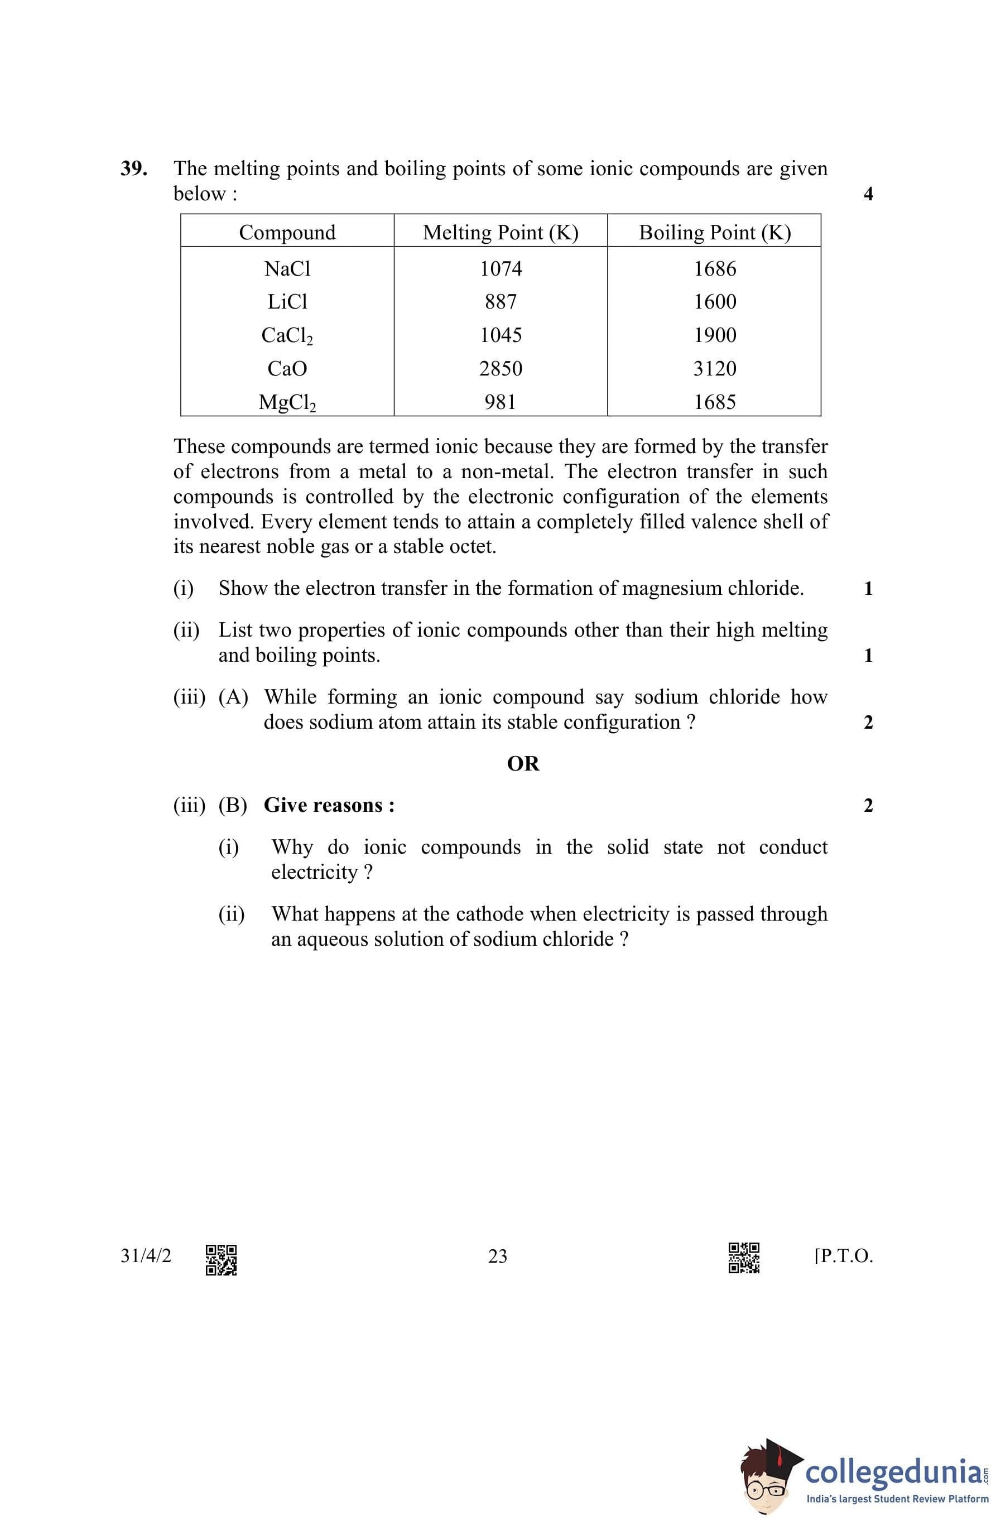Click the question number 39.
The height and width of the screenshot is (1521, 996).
point(133,169)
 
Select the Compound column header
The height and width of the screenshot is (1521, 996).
point(287,232)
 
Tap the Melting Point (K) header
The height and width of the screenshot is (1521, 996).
point(501,232)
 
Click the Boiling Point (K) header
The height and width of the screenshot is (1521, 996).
point(715,232)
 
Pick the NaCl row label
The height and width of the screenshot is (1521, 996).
point(287,268)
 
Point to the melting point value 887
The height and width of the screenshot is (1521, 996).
point(501,302)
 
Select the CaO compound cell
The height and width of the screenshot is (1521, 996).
point(287,369)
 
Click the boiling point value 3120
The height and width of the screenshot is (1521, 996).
point(715,369)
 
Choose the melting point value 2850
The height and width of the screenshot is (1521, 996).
point(501,369)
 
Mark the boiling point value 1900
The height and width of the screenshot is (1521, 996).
point(715,335)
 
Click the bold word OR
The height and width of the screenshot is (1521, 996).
point(523,764)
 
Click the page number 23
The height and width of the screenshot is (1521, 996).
point(497,1257)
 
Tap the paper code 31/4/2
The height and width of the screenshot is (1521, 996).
point(146,1256)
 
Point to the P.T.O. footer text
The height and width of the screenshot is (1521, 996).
point(844,1257)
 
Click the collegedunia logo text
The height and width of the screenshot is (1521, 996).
point(894,1472)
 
